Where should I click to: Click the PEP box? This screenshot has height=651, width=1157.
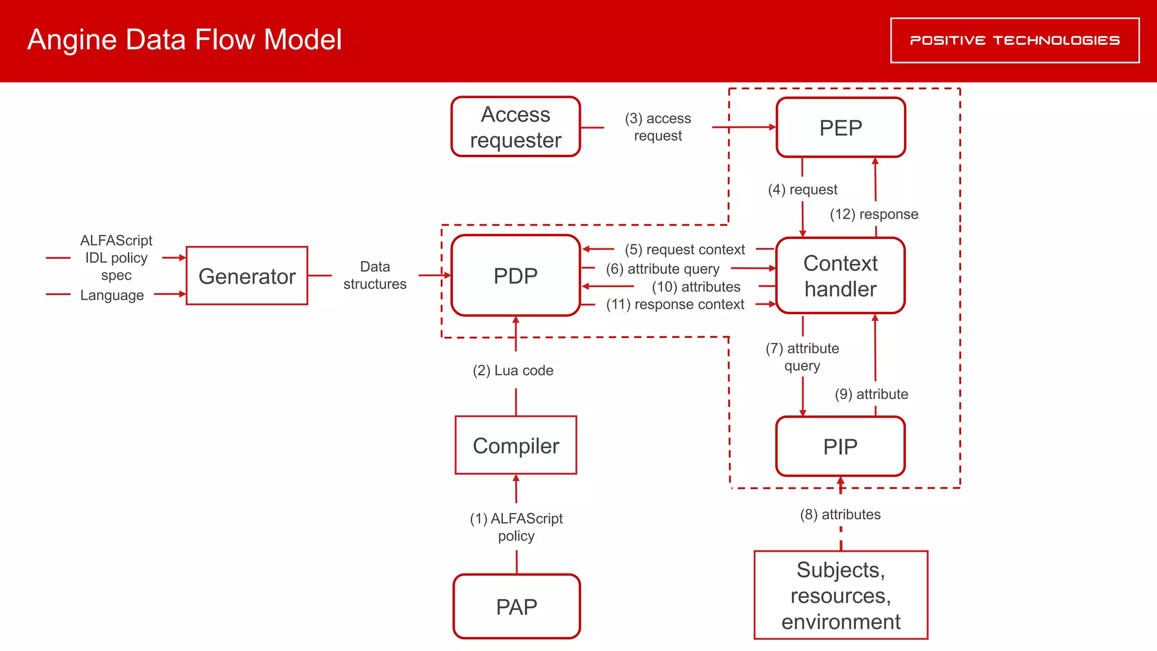point(841,128)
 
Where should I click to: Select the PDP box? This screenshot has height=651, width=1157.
point(515,276)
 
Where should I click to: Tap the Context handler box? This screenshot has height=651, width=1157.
point(841,276)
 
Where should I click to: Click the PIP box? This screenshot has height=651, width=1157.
point(841,446)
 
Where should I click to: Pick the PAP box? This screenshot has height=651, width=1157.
point(516,607)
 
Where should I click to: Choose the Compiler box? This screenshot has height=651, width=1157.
point(516,445)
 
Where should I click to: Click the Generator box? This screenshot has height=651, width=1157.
point(247,276)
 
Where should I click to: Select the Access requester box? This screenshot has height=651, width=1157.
point(515,127)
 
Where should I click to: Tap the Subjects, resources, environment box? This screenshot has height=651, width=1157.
point(841,595)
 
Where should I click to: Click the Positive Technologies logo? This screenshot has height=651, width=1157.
point(1015,40)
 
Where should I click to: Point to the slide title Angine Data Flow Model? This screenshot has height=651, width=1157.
point(184,40)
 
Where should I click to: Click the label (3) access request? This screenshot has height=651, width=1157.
point(658,127)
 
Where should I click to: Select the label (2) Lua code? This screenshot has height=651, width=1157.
point(513,371)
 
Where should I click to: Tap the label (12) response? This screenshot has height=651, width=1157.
point(874,214)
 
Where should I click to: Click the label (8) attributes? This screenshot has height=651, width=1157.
point(840,514)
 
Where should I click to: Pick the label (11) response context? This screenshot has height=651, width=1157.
point(675,305)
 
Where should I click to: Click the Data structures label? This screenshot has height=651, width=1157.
point(375,275)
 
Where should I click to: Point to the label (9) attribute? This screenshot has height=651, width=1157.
point(871,394)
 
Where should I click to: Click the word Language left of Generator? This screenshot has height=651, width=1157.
point(112,295)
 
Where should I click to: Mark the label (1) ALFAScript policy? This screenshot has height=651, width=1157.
point(516,527)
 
